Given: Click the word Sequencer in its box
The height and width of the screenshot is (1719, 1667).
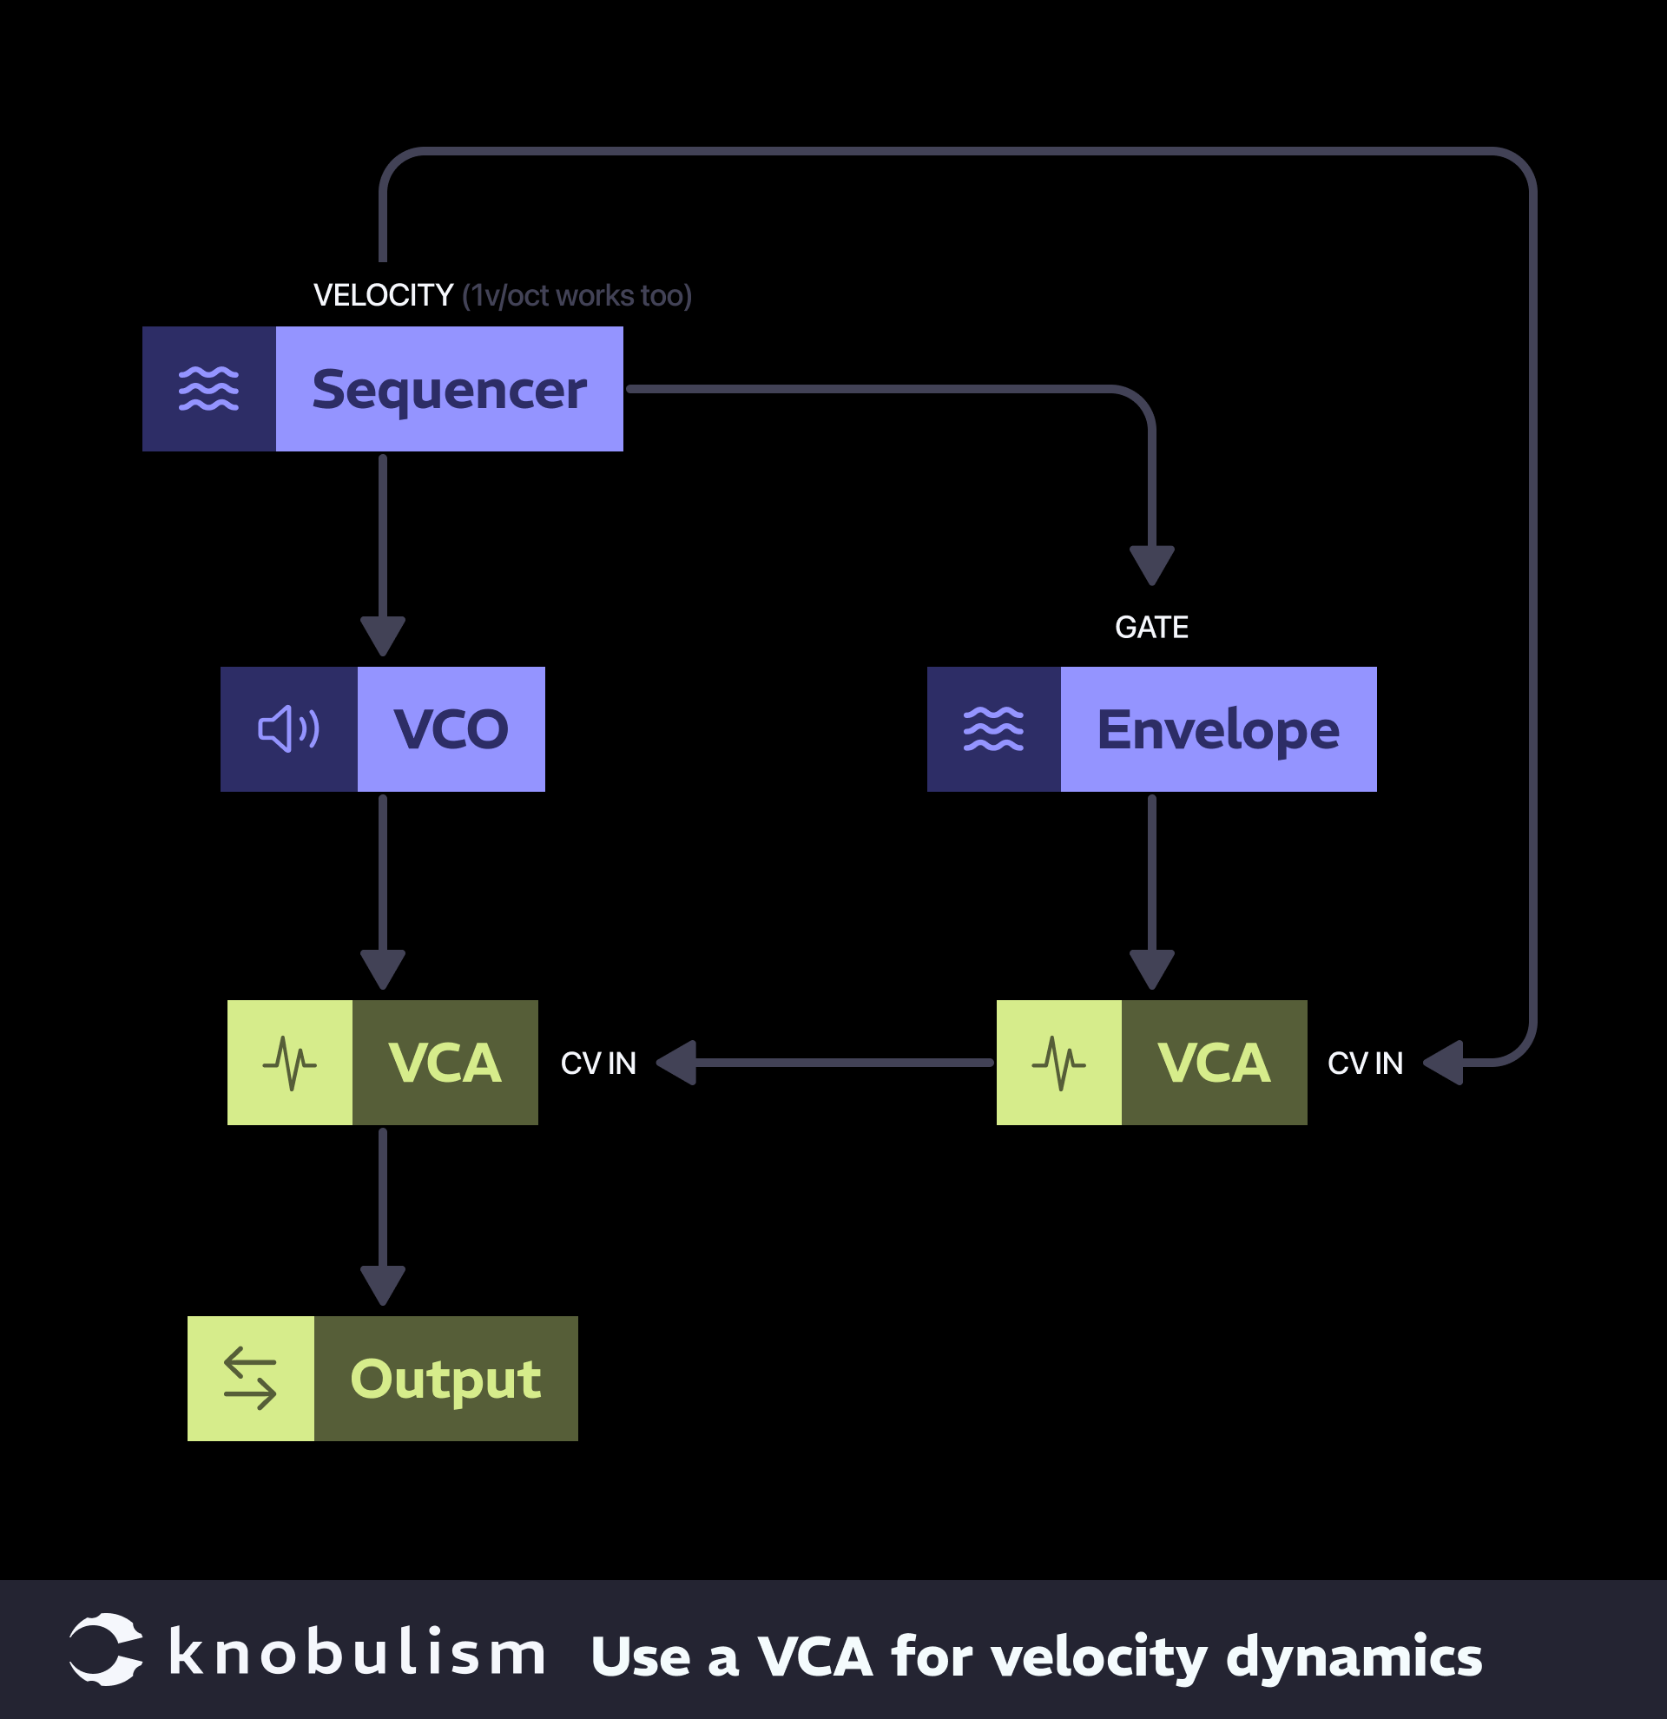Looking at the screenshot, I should click(x=449, y=391).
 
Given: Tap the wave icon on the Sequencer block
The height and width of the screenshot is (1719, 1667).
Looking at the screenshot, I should click(x=208, y=390).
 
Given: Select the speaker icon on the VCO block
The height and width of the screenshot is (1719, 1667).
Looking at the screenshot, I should click(x=288, y=729).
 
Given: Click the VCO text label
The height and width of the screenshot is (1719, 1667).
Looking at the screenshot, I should click(x=451, y=729).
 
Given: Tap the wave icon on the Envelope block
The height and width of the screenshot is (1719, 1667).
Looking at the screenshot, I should click(x=993, y=729).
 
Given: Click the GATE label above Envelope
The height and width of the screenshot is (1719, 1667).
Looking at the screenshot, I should click(x=1151, y=628).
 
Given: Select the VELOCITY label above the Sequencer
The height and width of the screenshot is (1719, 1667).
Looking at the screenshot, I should click(x=383, y=295).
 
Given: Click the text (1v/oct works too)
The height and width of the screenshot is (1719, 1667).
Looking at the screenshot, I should click(x=577, y=296).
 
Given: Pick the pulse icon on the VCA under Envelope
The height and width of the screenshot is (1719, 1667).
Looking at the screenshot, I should click(x=1058, y=1063).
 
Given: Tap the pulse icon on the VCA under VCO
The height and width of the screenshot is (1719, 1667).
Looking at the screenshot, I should click(x=289, y=1063).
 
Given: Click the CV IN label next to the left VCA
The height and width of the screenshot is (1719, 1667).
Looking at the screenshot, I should click(x=598, y=1064).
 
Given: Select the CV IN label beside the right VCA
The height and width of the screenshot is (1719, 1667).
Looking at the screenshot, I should click(x=1365, y=1064).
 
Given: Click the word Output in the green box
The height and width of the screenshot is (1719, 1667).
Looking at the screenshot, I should click(x=445, y=1380).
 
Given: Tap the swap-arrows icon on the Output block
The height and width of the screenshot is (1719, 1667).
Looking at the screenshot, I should click(x=250, y=1379).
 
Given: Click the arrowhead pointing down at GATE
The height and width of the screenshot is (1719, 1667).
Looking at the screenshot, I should click(x=1151, y=564).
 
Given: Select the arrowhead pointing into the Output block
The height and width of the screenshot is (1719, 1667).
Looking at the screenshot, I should click(x=383, y=1284).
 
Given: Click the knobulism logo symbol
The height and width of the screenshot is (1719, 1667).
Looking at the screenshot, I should click(x=106, y=1649).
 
